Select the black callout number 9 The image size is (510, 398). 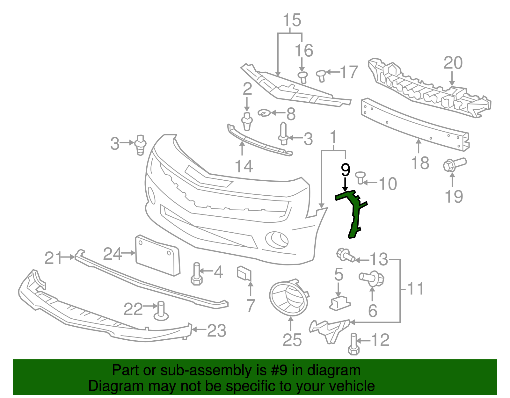[345, 170]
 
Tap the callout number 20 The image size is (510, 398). [453, 63]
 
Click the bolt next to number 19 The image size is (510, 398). [455, 165]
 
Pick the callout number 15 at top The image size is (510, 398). [292, 20]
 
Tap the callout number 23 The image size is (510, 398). [217, 331]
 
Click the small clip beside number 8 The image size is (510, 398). [264, 112]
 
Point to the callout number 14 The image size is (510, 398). [244, 166]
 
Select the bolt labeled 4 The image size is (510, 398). [196, 274]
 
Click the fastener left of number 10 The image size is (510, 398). [361, 177]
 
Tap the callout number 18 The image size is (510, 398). [420, 163]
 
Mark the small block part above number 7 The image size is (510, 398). [244, 273]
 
